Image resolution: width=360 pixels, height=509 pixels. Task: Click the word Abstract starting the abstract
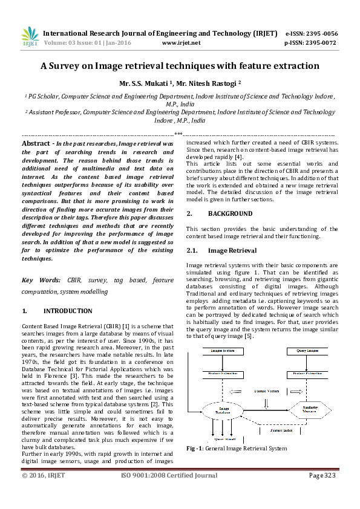[36, 143]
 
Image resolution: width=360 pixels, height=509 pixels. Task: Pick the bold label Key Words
[41, 280]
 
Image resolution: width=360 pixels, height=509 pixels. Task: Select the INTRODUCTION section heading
[66, 312]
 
